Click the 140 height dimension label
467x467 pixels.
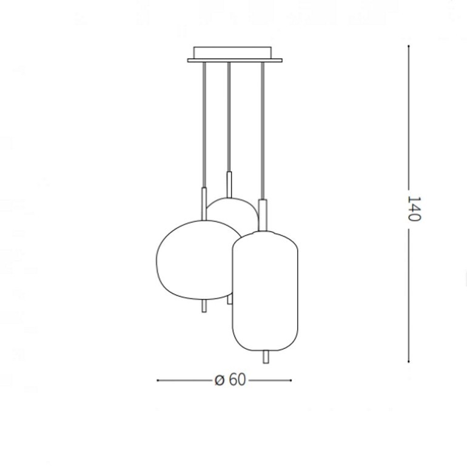[414, 209]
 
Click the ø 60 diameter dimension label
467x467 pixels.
[230, 380]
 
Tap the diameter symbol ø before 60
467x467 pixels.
[220, 380]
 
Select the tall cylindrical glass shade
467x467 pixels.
[265, 291]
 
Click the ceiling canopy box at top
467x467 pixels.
[232, 52]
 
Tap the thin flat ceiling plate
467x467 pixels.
[235, 61]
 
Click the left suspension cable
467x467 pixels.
[204, 124]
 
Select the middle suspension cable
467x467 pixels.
[229, 116]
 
